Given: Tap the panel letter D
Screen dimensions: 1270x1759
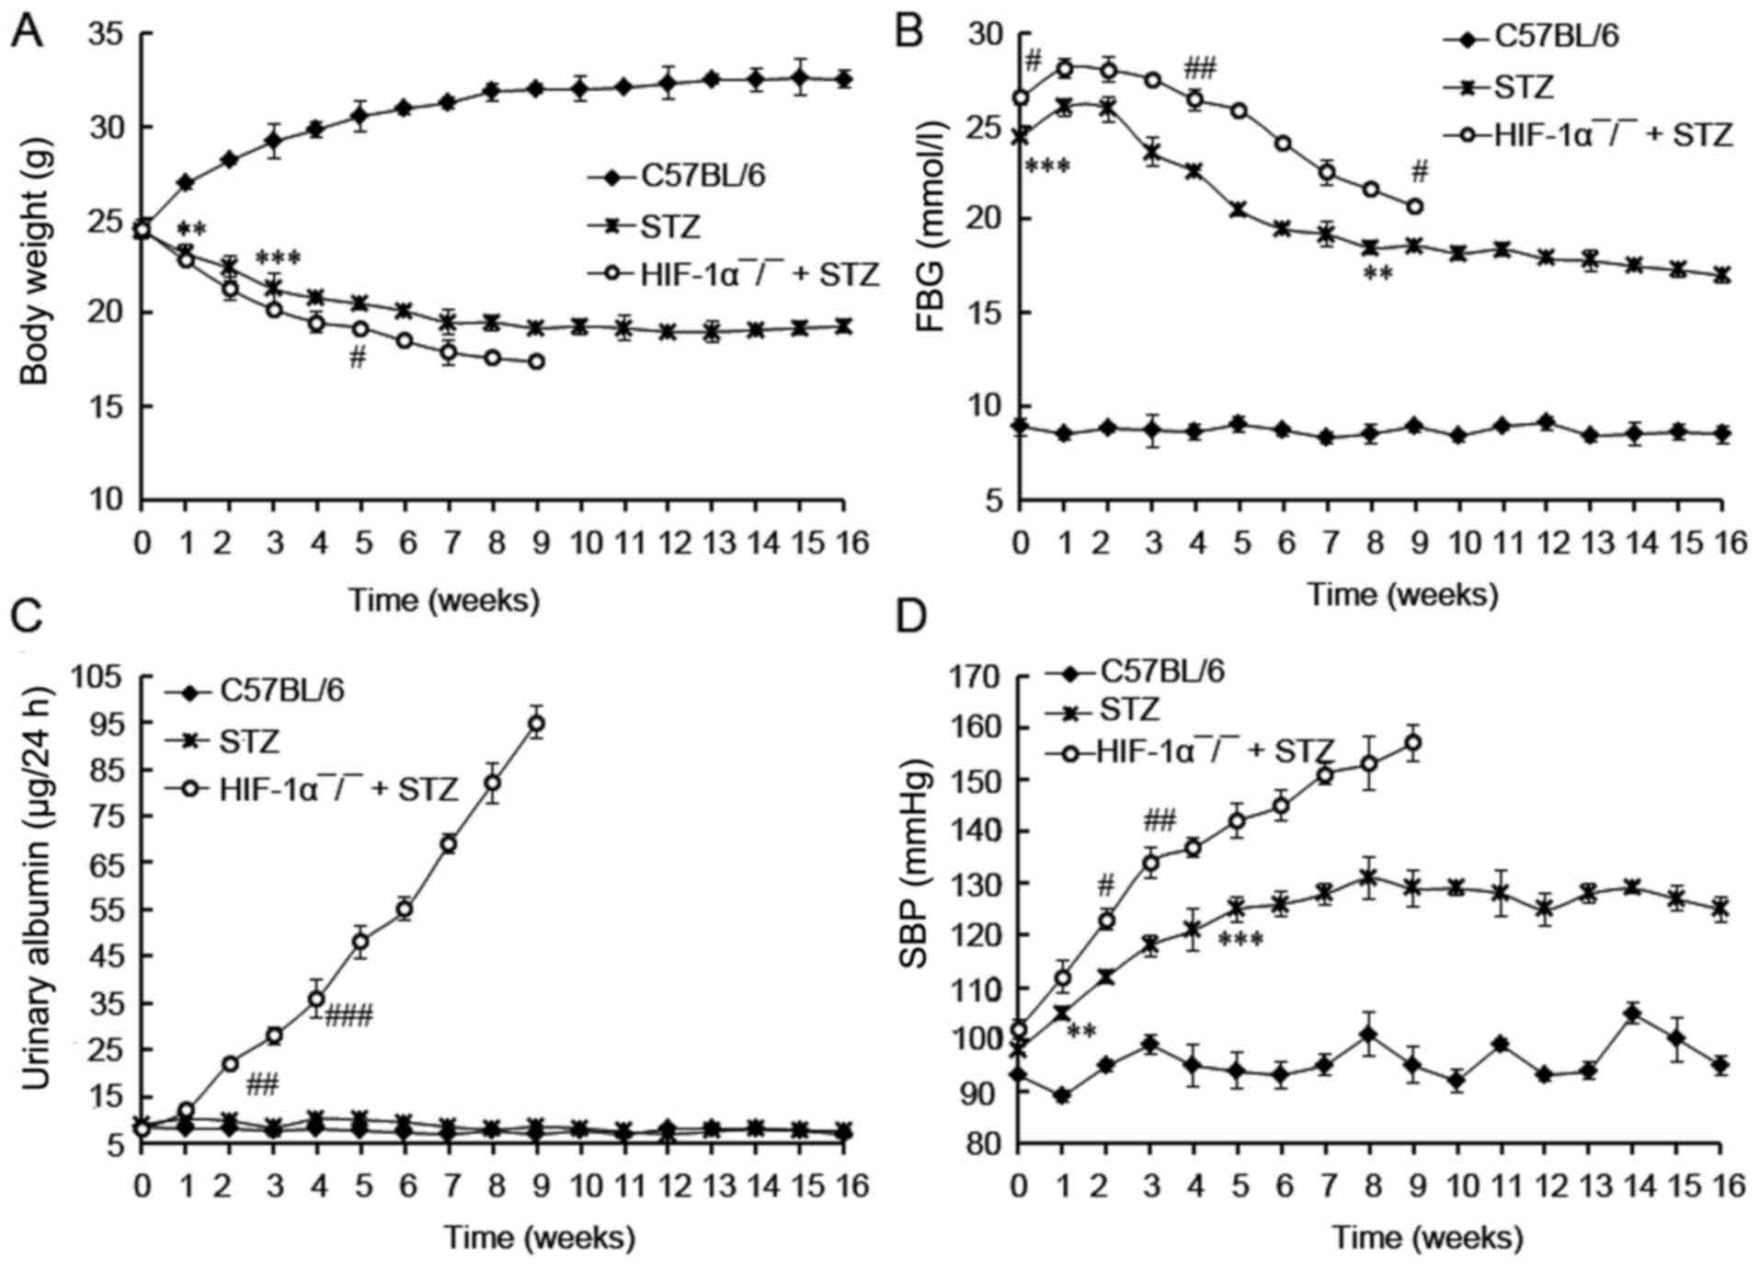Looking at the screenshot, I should [x=912, y=617].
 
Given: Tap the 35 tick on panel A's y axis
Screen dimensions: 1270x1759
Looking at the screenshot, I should [x=108, y=34].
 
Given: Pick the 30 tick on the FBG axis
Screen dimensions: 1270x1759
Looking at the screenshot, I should [x=987, y=34].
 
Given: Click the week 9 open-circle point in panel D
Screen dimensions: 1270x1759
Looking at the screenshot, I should [x=1414, y=743].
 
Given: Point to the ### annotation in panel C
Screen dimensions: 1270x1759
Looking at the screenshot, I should [x=348, y=1016].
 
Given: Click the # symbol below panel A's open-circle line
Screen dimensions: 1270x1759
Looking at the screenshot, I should [x=358, y=359].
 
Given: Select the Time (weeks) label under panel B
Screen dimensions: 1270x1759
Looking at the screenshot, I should [x=1402, y=595].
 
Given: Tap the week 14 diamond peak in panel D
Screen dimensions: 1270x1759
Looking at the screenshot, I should [x=1632, y=1014].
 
